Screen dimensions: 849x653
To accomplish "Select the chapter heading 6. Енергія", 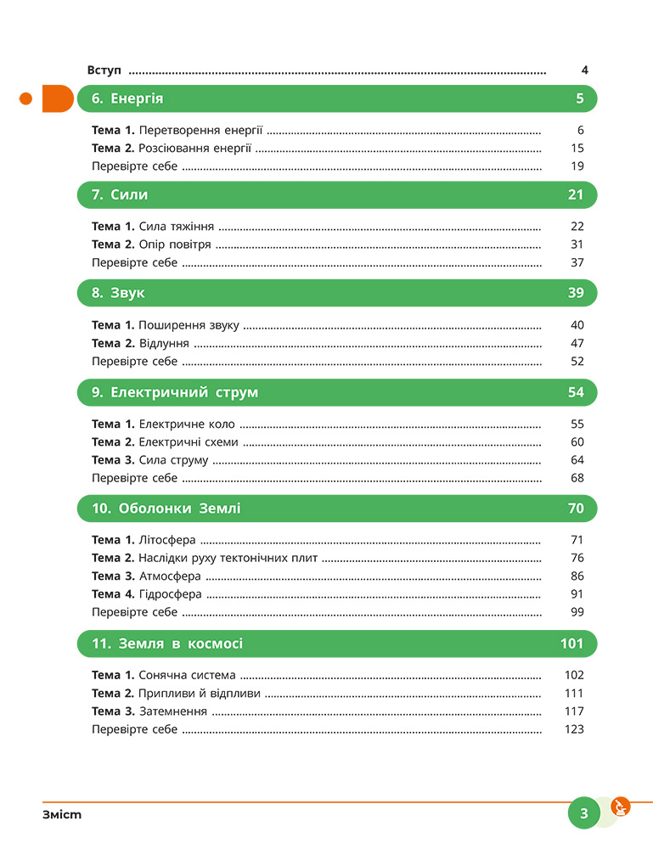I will (x=127, y=98).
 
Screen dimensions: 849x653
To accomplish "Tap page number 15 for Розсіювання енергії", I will (x=577, y=148).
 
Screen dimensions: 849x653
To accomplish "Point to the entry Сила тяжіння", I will (x=176, y=227).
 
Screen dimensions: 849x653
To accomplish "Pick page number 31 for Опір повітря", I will (x=577, y=245).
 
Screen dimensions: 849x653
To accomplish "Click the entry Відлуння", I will (x=164, y=343).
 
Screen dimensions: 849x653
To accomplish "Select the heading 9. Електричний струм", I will (x=175, y=392).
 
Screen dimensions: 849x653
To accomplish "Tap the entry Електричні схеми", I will (x=189, y=442).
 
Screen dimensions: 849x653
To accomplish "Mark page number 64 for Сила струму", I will (x=577, y=460).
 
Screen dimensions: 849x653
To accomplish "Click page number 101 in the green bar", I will (x=572, y=644).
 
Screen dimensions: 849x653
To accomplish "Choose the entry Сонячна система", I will (x=187, y=676).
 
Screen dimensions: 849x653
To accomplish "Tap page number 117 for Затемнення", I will (x=574, y=711).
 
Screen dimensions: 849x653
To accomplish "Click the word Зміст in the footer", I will (x=62, y=815).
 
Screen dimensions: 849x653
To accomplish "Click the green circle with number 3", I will (x=584, y=813).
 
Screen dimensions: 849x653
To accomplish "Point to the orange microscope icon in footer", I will (x=621, y=807).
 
